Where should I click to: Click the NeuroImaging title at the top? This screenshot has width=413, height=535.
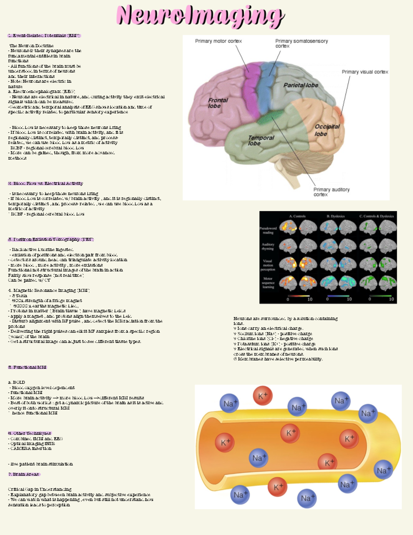pyautogui.click(x=200, y=16)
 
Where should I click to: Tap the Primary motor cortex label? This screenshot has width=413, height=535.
pyautogui.click(x=218, y=41)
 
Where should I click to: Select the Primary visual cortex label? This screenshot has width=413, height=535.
pyautogui.click(x=364, y=72)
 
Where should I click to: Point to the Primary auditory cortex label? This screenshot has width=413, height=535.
pyautogui.click(x=331, y=192)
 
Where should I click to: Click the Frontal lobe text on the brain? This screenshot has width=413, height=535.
pyautogui.click(x=218, y=103)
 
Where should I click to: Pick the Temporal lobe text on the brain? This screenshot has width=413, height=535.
pyautogui.click(x=261, y=140)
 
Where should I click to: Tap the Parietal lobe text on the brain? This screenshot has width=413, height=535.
pyautogui.click(x=300, y=85)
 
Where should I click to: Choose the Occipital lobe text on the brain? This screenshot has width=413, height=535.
pyautogui.click(x=327, y=130)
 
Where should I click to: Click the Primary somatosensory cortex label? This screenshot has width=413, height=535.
pyautogui.click(x=301, y=43)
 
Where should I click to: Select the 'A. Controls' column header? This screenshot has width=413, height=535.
pyautogui.click(x=297, y=216)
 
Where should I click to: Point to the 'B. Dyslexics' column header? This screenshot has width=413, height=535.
pyautogui.click(x=336, y=216)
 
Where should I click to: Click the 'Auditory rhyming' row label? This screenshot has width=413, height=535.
pyautogui.click(x=268, y=246)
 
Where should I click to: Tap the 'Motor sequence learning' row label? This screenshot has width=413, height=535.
pyautogui.click(x=268, y=282)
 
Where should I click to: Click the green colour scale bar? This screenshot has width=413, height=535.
pyautogui.click(x=380, y=296)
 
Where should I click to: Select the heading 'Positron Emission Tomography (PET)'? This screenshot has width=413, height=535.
pyautogui.click(x=51, y=239)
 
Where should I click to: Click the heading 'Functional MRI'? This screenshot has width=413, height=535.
pyautogui.click(x=27, y=367)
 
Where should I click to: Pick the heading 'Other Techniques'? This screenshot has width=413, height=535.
pyautogui.click(x=30, y=433)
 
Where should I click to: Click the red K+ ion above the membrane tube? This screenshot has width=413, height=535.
pyautogui.click(x=263, y=396)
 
